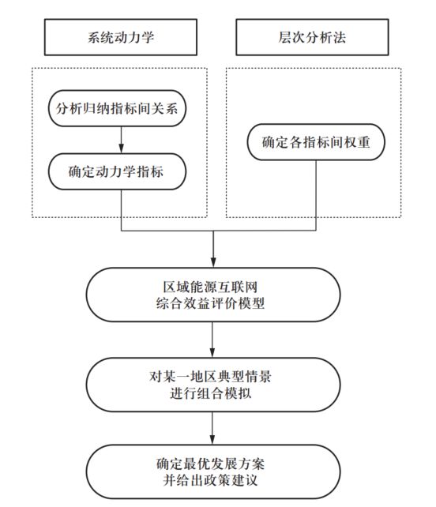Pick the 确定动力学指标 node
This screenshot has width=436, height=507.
119,171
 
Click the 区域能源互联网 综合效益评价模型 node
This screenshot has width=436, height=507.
213,295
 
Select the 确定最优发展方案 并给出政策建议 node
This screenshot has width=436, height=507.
213,471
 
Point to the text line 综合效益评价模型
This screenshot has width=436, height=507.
213,304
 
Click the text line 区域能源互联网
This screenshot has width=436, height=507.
213,285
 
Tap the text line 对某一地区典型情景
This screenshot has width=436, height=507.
213,375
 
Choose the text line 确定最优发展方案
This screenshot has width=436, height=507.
213,462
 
